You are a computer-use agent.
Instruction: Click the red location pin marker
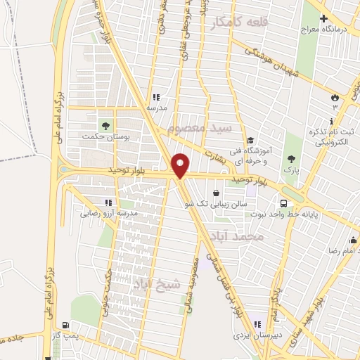point(181,165)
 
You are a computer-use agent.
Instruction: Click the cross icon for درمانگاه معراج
point(323,19)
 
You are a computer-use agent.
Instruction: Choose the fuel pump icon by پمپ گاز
point(65,326)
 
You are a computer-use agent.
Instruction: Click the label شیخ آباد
point(156,283)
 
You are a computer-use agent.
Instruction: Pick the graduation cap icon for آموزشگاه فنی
point(251,139)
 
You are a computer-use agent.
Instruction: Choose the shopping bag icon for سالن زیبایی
point(214,192)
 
